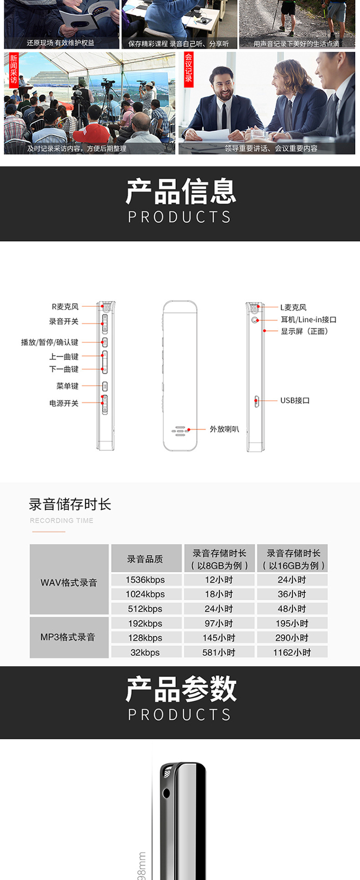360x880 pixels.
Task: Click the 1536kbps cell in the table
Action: pos(145,580)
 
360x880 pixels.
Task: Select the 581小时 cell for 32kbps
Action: pos(219,652)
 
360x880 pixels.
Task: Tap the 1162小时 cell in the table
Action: pos(292,652)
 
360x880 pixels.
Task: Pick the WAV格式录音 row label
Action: pos(69,582)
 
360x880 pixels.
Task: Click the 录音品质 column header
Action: pos(145,559)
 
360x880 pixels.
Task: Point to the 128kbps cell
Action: pos(145,638)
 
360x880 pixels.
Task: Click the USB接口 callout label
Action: pos(295,401)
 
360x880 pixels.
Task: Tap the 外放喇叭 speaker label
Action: pos(224,429)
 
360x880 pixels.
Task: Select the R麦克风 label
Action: pos(65,307)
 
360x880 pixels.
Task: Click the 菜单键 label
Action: pos(67,386)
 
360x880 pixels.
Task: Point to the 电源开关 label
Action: pos(64,403)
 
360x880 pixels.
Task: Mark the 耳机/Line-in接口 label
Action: pos(309,319)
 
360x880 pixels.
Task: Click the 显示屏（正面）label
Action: pos(304,331)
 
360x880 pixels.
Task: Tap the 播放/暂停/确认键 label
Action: pos(50,342)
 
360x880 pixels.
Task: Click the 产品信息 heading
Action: pos(180,191)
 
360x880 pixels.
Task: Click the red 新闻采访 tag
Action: pos(13,69)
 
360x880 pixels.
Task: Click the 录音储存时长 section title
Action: pos(70,504)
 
